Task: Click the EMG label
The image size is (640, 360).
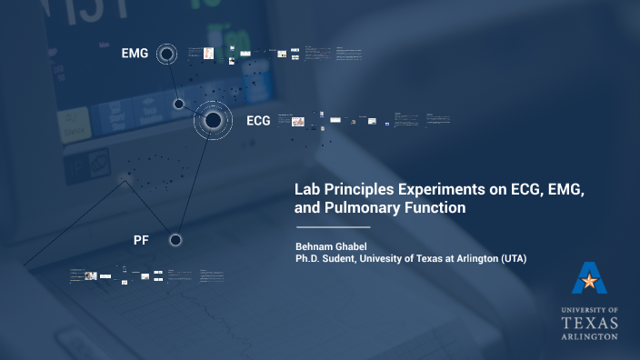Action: click(x=135, y=55)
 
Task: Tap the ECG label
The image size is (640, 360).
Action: click(x=258, y=120)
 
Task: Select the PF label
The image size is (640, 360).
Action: click(x=141, y=240)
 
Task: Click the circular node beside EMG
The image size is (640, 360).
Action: click(x=166, y=55)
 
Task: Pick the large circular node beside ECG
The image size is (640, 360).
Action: click(x=213, y=119)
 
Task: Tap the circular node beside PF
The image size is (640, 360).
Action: click(x=175, y=240)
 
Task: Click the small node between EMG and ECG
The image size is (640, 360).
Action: click(x=179, y=104)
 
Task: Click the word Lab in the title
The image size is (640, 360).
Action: click(x=307, y=190)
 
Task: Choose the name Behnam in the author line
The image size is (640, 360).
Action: click(x=315, y=246)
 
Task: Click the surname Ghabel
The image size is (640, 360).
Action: click(x=358, y=246)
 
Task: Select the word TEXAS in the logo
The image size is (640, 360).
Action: click(x=589, y=323)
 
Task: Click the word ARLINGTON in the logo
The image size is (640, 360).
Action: click(x=589, y=335)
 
